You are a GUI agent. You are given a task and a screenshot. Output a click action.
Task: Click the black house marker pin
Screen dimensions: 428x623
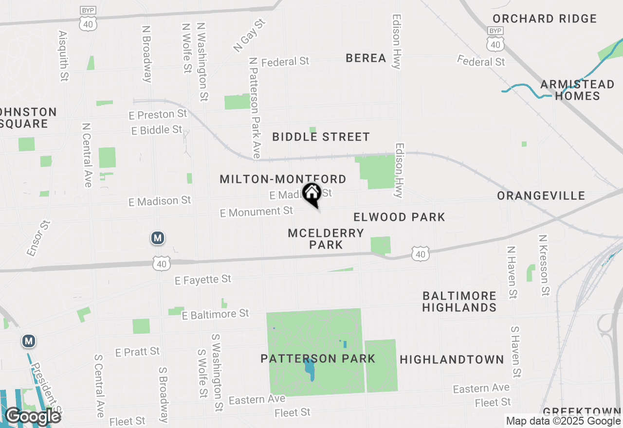pos(311,195)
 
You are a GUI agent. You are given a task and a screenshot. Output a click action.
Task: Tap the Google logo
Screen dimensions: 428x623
pos(33,416)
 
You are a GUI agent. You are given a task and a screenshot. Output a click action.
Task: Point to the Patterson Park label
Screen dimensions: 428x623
pos(318,359)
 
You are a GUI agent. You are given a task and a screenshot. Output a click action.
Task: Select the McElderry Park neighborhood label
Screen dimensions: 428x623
pos(326,239)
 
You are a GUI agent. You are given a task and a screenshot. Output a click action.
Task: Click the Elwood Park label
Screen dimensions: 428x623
pos(399,217)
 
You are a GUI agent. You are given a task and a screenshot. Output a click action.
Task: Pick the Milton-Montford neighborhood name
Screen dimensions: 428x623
pos(283,179)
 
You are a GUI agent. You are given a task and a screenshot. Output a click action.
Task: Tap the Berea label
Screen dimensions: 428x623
pos(366,58)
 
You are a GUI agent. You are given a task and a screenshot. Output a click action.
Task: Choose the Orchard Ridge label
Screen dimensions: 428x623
pos(544,19)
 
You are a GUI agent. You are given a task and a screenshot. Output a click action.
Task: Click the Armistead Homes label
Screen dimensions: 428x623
pos(577,90)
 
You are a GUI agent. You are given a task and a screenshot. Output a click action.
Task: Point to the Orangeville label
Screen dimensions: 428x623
pos(541,196)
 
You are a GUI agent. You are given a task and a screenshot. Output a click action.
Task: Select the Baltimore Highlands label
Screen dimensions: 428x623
pos(459,302)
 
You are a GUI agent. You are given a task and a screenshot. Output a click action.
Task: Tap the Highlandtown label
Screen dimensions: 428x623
pos(451,360)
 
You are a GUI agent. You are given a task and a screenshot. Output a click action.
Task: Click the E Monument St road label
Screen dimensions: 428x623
pos(257,212)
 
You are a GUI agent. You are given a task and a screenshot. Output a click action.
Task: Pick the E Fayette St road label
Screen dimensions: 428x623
pos(203,280)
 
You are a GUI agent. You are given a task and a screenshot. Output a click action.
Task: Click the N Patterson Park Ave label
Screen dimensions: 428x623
pos(255,107)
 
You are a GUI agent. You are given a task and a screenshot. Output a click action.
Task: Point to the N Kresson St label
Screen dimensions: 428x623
pos(544,265)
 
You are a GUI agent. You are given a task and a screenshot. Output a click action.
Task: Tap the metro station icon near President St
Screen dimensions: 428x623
pos(29,341)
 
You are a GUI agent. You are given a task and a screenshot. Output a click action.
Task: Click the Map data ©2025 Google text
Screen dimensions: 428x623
pos(563,421)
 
